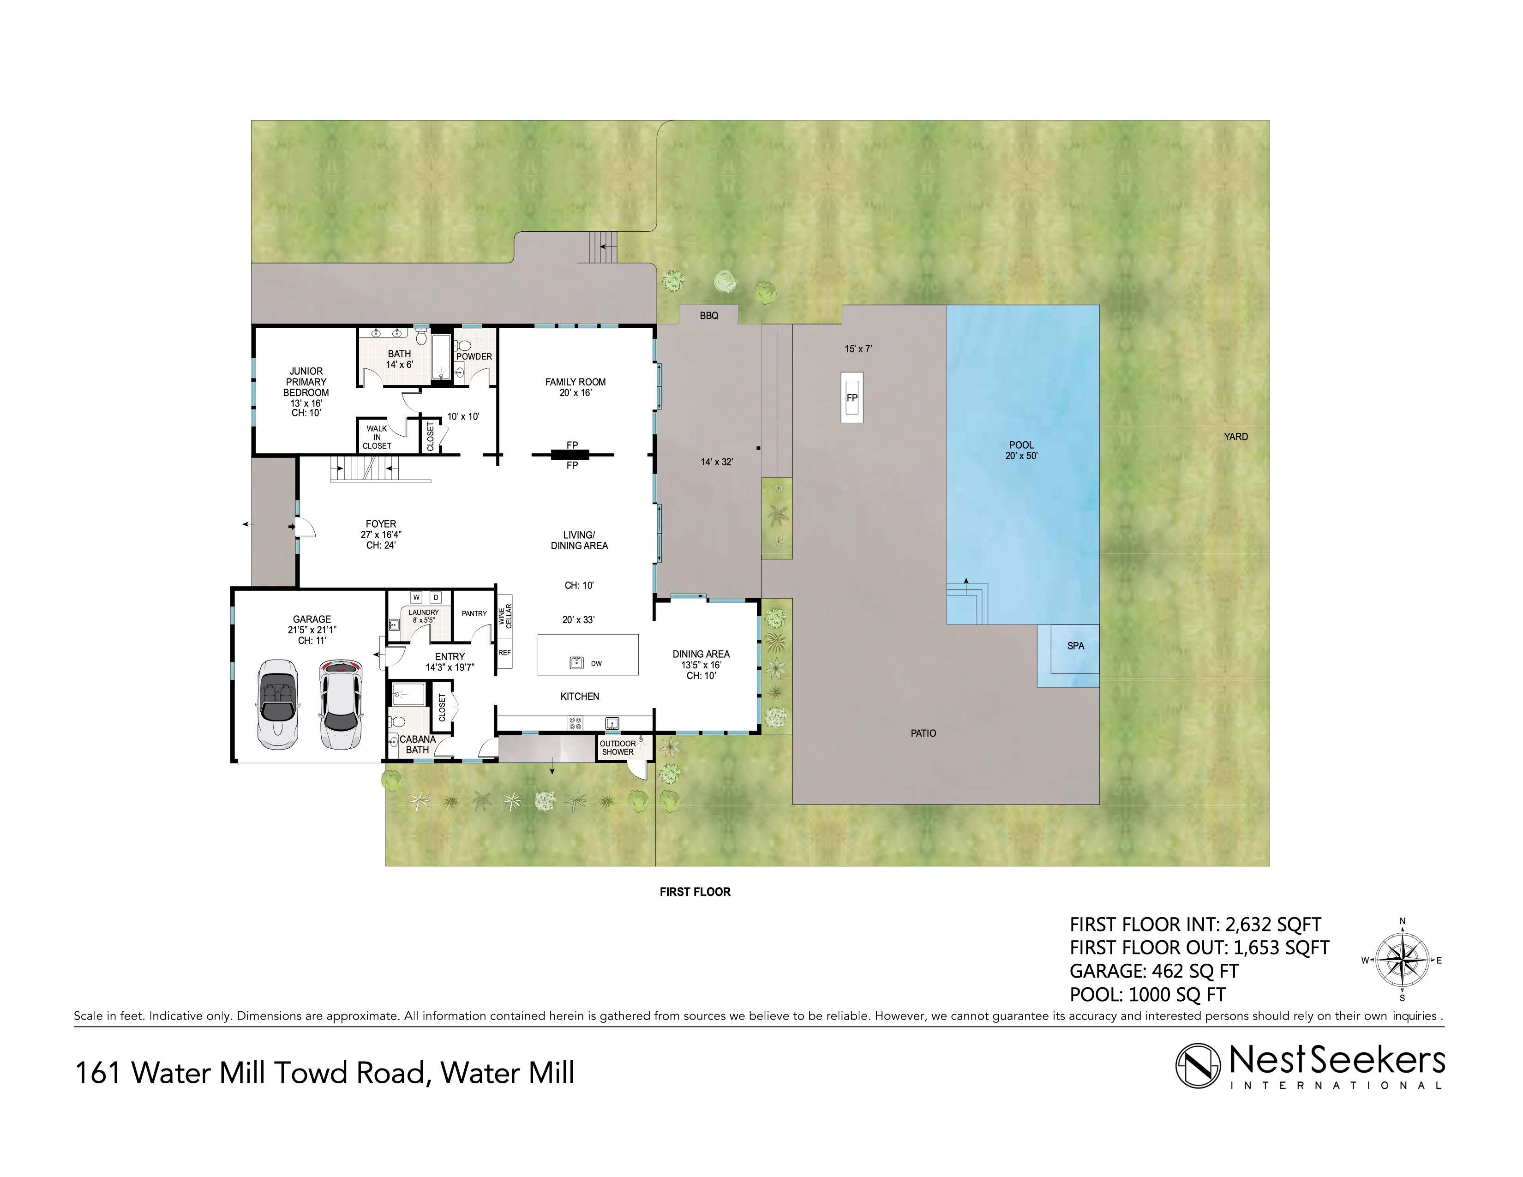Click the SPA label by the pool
coord(1075,646)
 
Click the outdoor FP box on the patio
coord(851,397)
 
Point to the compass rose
coord(1403,960)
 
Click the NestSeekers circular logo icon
coord(1198,1065)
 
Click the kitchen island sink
coord(577,662)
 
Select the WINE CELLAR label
coord(505,616)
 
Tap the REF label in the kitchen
coord(504,653)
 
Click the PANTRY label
coord(474,613)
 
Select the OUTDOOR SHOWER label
coord(618,747)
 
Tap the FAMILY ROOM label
coord(576,387)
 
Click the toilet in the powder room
coord(463,346)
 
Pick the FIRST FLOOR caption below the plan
coord(695,892)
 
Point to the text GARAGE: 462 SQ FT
coord(1154,971)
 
